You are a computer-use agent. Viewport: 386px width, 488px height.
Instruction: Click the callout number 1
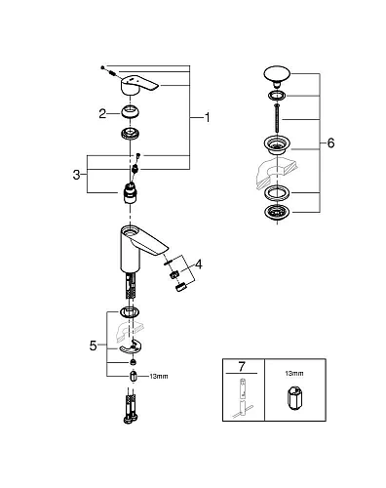point(207,118)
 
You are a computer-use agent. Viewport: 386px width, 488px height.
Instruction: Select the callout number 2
point(100,114)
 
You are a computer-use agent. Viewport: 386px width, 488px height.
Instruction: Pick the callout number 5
point(94,345)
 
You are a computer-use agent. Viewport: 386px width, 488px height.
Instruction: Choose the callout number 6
point(330,142)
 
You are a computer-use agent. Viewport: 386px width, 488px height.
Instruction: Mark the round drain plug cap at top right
point(278,76)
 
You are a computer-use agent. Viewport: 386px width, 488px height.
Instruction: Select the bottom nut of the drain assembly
point(278,213)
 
